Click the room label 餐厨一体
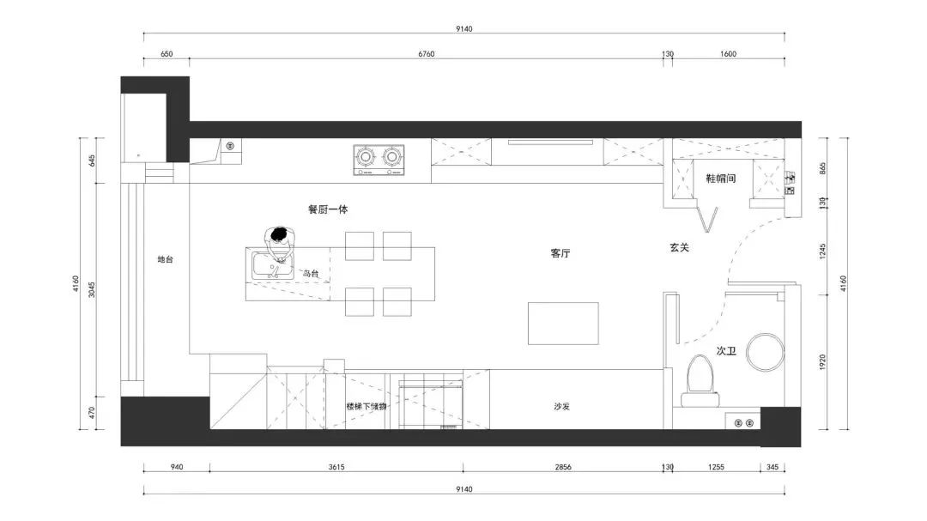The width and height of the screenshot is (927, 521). (x=327, y=209)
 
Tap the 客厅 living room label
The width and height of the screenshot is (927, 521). (x=560, y=253)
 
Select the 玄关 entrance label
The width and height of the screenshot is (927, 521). (x=679, y=248)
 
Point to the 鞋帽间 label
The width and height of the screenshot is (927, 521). (x=721, y=179)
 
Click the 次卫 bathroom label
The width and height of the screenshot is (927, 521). (x=726, y=350)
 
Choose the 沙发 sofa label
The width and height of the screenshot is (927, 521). (x=562, y=406)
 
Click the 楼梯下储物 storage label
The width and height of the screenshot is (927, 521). (x=367, y=406)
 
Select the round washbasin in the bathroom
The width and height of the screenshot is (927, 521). (x=764, y=352)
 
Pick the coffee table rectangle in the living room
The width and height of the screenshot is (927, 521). (x=563, y=323)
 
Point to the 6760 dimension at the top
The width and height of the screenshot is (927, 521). (x=426, y=54)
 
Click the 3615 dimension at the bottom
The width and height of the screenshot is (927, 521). (x=336, y=468)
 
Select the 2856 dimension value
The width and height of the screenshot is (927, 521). (x=563, y=468)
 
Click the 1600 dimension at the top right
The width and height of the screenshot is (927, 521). (x=728, y=54)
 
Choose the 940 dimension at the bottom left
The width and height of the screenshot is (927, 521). (x=177, y=468)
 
